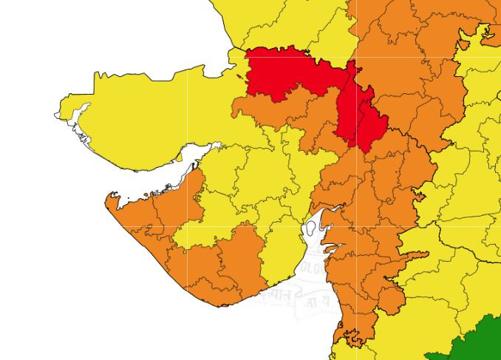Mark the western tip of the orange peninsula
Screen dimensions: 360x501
109,198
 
